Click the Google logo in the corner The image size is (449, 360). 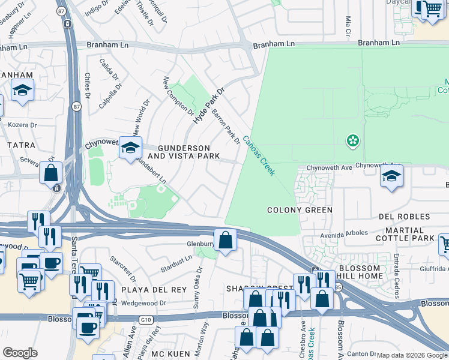point(20,353)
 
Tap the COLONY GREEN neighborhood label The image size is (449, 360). point(300,210)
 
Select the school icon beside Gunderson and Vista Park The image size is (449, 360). point(130,148)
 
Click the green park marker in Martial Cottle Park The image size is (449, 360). point(353,141)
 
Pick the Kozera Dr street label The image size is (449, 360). point(23,125)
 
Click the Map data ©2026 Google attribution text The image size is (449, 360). point(411,355)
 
